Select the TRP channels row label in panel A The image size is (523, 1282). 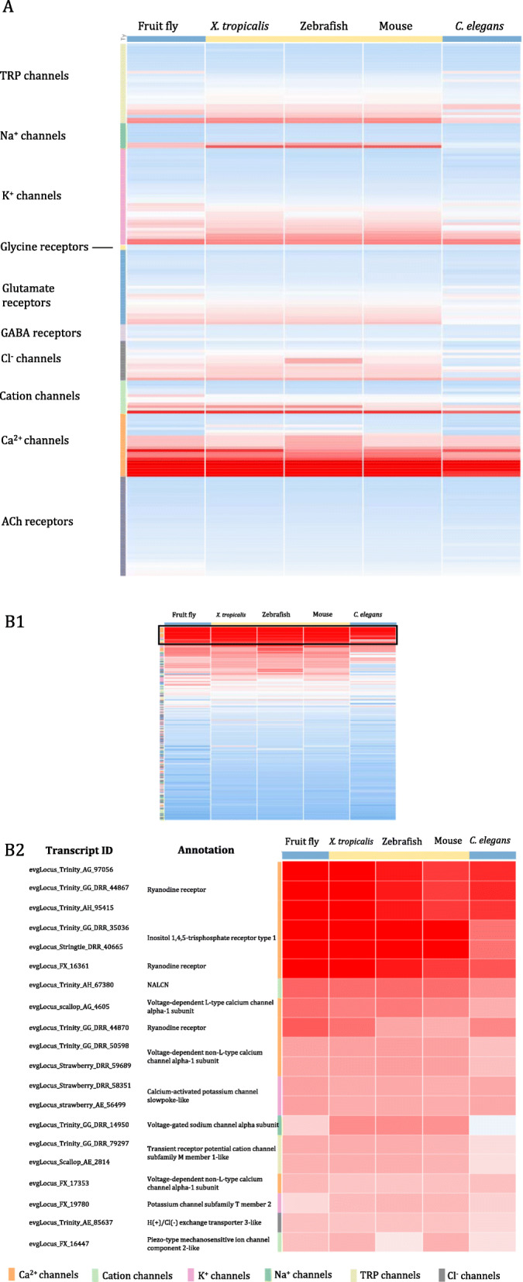[x=34, y=76]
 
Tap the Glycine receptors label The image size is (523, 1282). [x=44, y=247]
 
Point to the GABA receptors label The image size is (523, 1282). [x=41, y=333]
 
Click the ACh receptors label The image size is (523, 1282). [x=37, y=522]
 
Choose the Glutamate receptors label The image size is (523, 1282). [x=28, y=295]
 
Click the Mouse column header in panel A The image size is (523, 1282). [x=395, y=26]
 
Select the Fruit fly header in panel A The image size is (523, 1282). [x=157, y=26]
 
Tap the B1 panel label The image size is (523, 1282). [x=15, y=622]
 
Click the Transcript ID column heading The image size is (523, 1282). [x=79, y=850]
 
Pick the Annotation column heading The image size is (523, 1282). [x=206, y=850]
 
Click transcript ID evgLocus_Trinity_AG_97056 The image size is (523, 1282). [x=71, y=870]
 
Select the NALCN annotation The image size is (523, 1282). [x=158, y=985]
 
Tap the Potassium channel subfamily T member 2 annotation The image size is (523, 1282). [x=209, y=1204]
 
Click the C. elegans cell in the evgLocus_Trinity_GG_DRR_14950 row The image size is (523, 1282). [x=493, y=1125]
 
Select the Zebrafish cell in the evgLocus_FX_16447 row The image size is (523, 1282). [x=399, y=1242]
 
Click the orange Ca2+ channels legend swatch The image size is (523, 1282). [x=11, y=1274]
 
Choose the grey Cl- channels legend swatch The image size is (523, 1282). [x=441, y=1274]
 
